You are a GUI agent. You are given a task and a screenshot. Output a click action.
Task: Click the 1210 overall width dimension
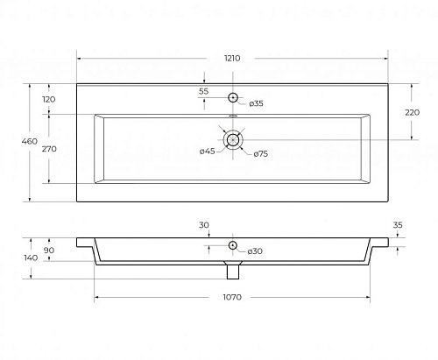232,58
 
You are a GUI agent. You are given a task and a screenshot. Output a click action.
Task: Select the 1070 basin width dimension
232,297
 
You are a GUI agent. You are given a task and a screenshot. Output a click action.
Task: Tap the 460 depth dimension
30,141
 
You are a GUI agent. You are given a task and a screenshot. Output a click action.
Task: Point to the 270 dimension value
49,149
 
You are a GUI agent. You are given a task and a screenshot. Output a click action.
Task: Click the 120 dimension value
49,99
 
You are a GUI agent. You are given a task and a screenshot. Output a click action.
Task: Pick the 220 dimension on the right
412,112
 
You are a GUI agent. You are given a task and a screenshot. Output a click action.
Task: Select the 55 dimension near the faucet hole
203,91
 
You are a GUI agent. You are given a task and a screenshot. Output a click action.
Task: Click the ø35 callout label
256,103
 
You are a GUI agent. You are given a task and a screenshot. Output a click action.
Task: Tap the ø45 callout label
207,151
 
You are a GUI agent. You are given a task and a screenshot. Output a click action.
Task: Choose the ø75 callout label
260,153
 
